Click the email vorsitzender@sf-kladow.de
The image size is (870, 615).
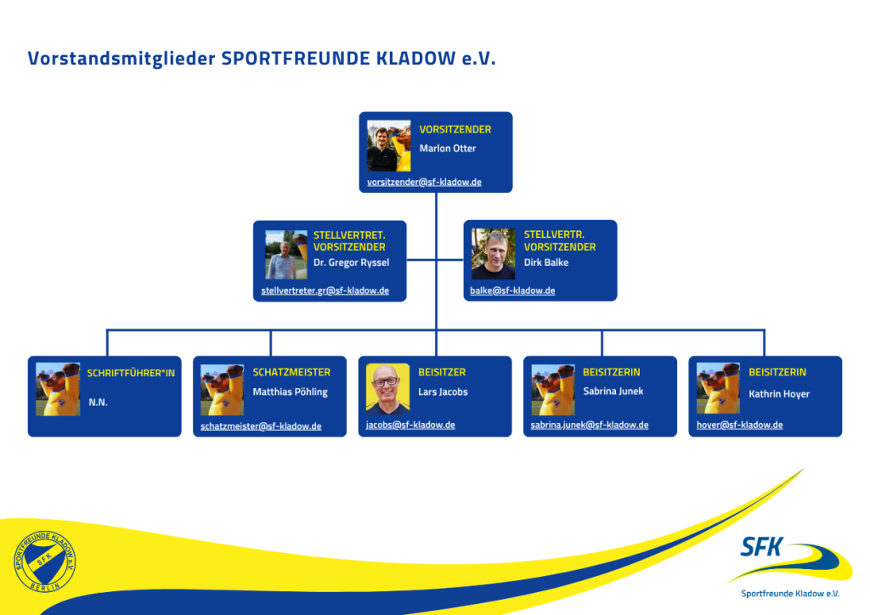point(424,182)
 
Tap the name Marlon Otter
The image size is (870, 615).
point(448,149)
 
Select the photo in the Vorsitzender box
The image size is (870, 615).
point(389,145)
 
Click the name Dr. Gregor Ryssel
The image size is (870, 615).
point(351,262)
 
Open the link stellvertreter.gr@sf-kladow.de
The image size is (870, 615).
point(325,291)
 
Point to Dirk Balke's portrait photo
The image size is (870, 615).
point(494,254)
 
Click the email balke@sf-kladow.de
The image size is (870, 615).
point(512,291)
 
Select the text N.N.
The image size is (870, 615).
point(98,403)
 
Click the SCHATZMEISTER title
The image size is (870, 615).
point(291,372)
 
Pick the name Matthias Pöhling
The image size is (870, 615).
point(290,392)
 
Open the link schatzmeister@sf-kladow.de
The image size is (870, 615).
point(261,426)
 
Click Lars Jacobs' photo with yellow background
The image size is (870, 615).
point(387,389)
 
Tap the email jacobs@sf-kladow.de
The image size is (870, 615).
point(410,425)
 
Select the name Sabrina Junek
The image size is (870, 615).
point(613,392)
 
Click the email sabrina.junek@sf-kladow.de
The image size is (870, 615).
point(590,425)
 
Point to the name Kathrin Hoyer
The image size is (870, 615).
point(779,394)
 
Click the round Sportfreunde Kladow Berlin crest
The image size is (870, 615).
point(45,561)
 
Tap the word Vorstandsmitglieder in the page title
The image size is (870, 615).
point(121,59)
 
